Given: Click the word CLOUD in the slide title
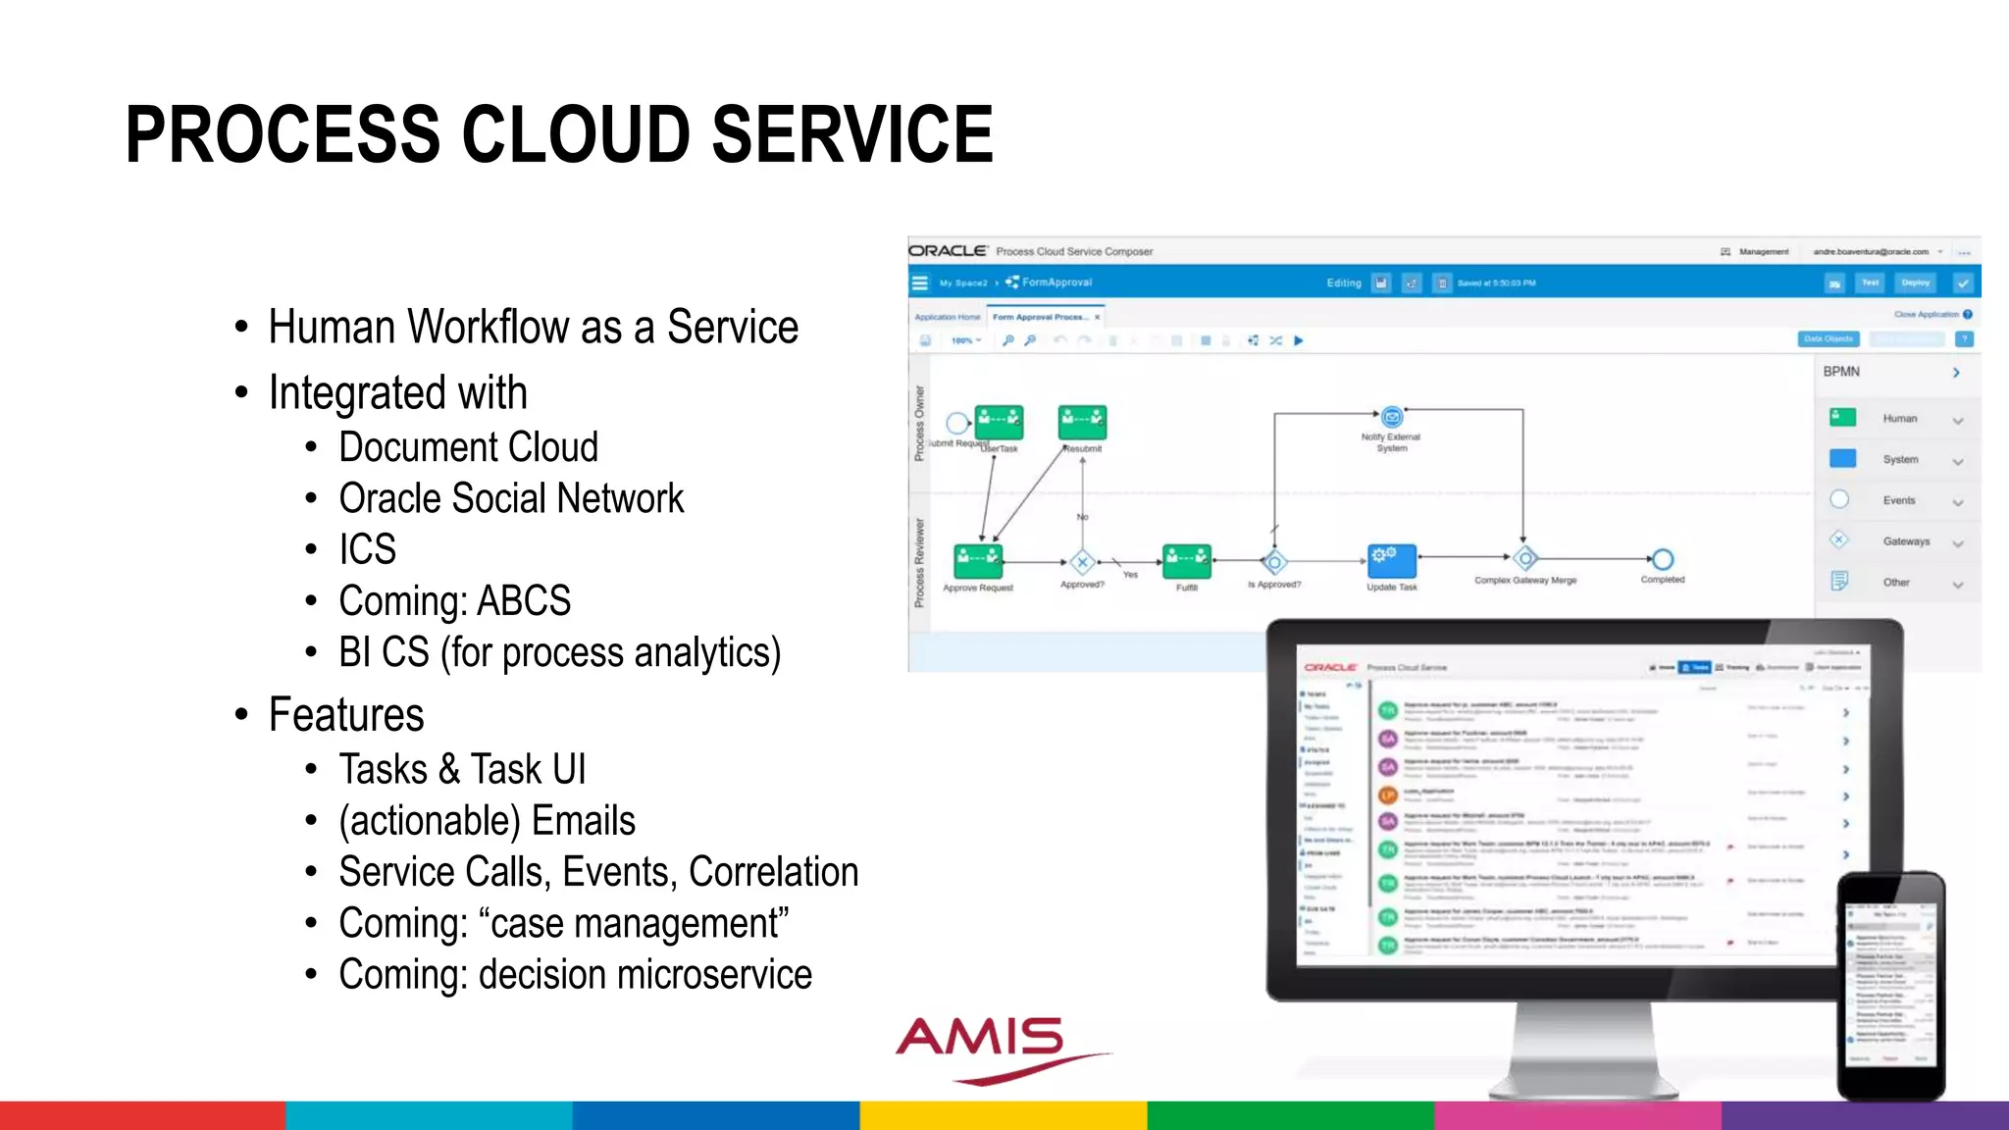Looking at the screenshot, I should (577, 134).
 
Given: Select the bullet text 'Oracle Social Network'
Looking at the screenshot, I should (511, 498).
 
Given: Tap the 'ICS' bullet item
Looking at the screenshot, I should (368, 549).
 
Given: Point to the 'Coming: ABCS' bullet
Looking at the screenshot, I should (454, 601).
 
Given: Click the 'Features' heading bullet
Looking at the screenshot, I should (346, 715).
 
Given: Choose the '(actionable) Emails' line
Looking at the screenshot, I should (487, 821).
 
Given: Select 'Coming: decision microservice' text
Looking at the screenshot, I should (575, 975).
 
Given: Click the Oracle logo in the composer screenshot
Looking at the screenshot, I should (947, 251).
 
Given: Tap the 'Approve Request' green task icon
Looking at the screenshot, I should (978, 561).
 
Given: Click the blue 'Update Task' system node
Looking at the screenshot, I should (1391, 560).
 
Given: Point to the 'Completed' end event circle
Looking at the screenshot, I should (1662, 559).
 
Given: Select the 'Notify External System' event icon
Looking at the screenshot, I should (1391, 418).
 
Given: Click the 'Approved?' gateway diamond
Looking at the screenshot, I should (1082, 562).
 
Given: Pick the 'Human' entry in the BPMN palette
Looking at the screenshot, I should (1899, 419).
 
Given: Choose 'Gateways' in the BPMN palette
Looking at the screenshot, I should (1905, 541).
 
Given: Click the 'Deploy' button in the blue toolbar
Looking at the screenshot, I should (1915, 283).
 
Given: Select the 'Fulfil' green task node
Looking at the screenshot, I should (1186, 561).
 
